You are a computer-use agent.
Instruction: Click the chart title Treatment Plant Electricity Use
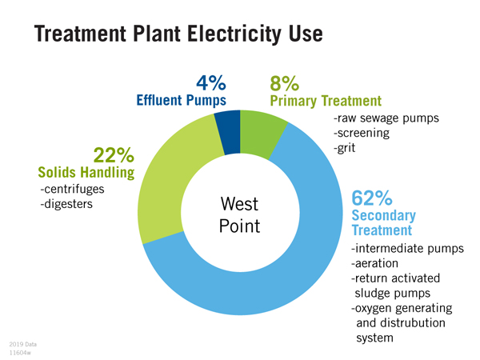(178, 34)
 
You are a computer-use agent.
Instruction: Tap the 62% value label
(372, 198)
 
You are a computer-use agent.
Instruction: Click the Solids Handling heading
(86, 172)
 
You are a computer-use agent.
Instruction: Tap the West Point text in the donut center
(239, 215)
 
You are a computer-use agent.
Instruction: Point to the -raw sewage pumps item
(386, 118)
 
